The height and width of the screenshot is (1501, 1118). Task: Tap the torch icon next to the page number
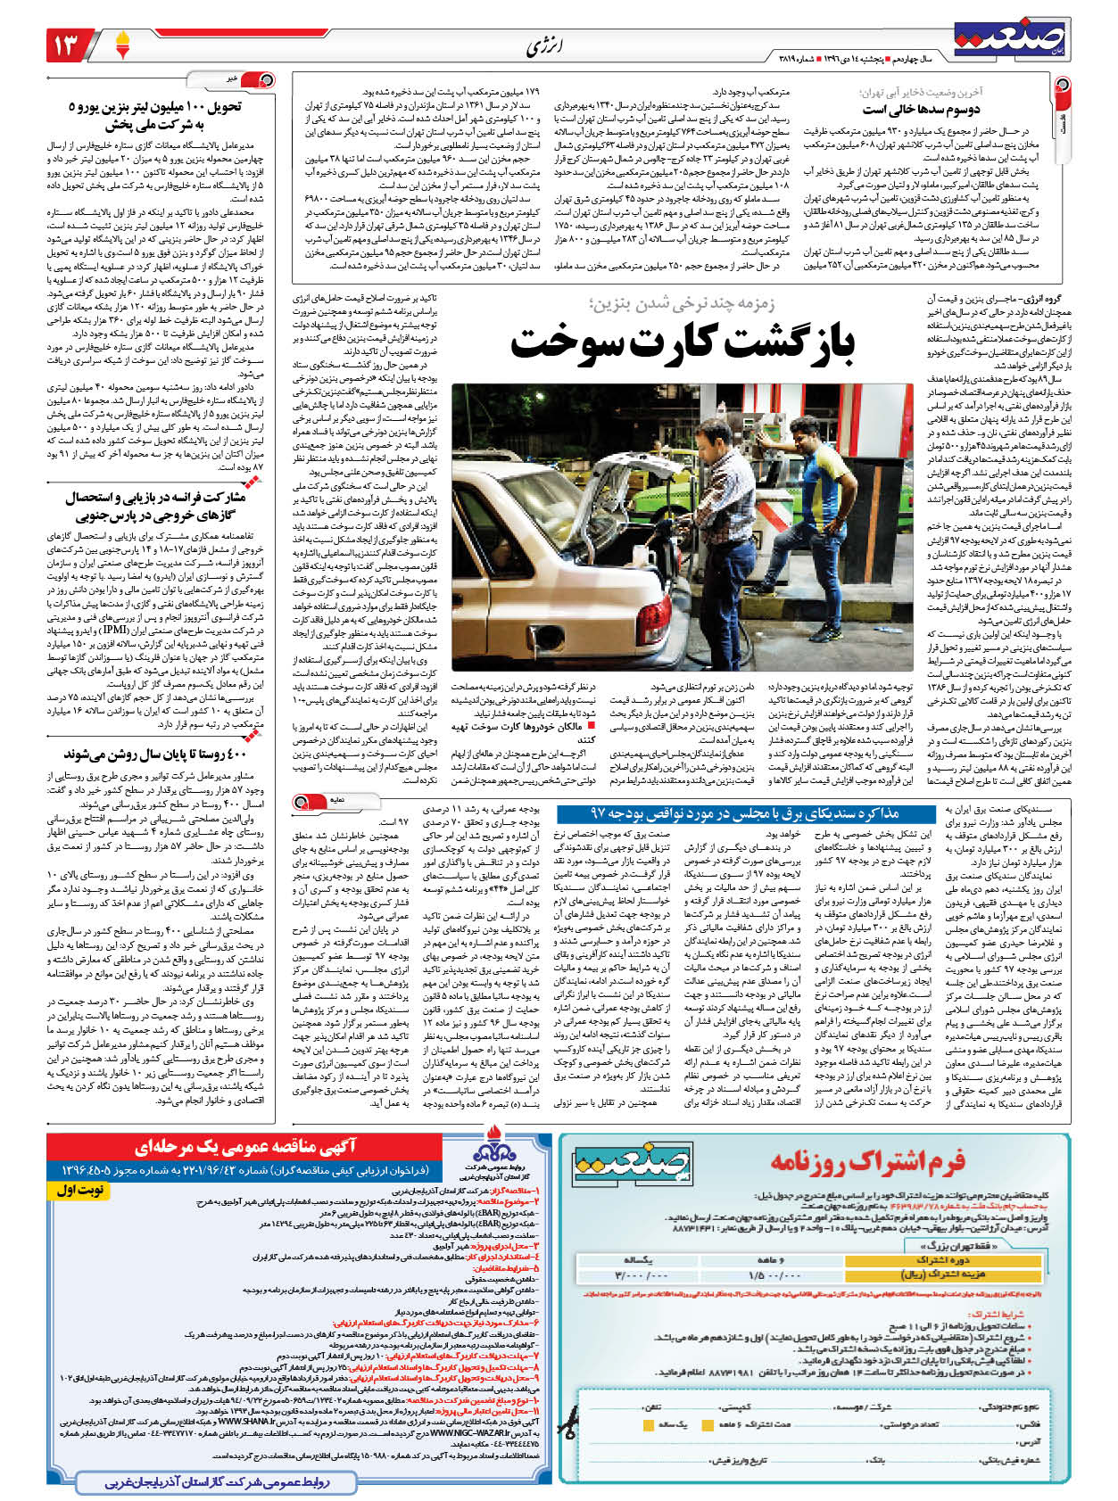point(122,42)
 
